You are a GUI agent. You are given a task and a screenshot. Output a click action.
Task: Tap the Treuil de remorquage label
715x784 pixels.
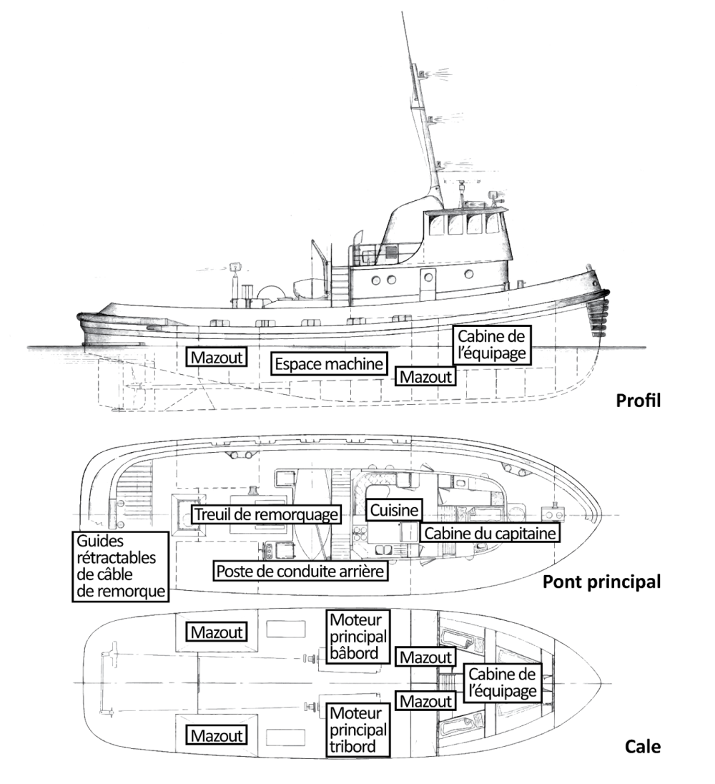click(265, 514)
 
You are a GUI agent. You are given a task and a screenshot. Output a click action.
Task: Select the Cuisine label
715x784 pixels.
click(394, 510)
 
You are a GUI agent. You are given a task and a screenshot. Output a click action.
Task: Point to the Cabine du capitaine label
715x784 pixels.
click(489, 533)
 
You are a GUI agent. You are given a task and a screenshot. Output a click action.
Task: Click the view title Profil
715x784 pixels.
click(638, 401)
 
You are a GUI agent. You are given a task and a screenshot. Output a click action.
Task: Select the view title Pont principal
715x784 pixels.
click(601, 581)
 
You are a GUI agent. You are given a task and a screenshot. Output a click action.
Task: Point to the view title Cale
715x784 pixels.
click(643, 748)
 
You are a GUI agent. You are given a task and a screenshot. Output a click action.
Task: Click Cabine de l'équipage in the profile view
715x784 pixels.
click(493, 344)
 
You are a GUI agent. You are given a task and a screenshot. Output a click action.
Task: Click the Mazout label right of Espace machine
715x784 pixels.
click(426, 376)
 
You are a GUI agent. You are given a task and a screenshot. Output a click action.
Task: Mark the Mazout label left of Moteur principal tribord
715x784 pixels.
click(217, 735)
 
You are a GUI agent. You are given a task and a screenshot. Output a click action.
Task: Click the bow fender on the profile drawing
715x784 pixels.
click(596, 308)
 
